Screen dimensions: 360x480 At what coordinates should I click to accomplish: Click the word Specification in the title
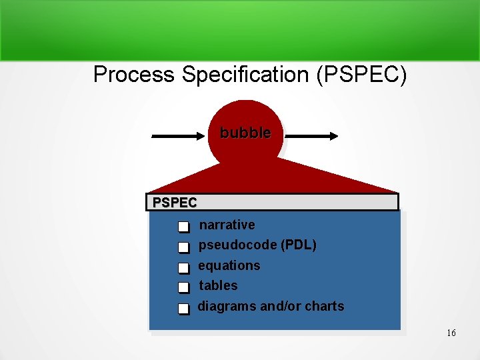point(245,75)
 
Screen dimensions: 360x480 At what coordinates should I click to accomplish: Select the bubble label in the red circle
point(245,133)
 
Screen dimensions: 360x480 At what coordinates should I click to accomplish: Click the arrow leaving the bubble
point(311,136)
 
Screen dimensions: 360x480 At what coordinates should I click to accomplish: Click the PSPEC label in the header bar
point(175,202)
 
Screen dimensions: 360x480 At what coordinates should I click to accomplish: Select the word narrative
point(227,225)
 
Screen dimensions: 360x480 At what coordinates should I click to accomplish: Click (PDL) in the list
point(299,245)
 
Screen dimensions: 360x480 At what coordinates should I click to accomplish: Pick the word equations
point(229,265)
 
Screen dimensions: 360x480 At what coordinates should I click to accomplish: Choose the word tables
point(218,285)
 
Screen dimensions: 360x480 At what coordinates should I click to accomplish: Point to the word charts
point(325,307)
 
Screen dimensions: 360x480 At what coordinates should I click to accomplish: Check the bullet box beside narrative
point(183,227)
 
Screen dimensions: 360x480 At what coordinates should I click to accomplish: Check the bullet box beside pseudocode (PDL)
point(183,248)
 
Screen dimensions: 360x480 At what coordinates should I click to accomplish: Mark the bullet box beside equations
point(183,268)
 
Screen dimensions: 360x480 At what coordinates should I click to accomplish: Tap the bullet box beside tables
point(183,288)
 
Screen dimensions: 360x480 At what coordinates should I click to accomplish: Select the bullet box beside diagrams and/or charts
point(183,309)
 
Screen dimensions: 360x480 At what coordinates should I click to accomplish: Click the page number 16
point(451,333)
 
